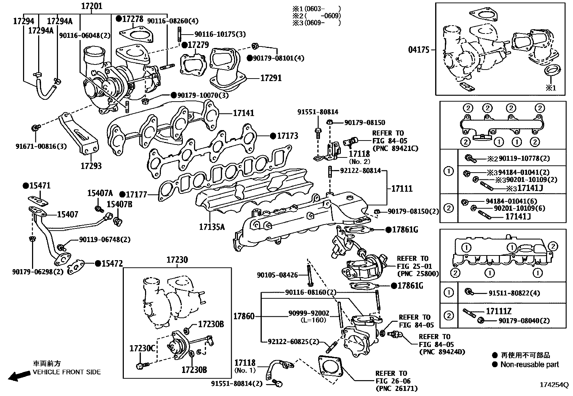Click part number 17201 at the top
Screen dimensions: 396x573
pyautogui.click(x=91, y=6)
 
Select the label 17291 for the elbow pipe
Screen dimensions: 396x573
pyautogui.click(x=271, y=78)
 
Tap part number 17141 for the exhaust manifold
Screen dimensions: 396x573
pyautogui.click(x=243, y=113)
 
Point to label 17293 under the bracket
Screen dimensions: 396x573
pyautogui.click(x=91, y=166)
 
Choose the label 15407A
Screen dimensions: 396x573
pyautogui.click(x=100, y=193)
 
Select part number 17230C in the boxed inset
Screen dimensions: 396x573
pyautogui.click(x=142, y=348)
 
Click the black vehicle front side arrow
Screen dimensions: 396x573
pyautogui.click(x=19, y=376)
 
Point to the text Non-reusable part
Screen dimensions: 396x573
pyautogui.click(x=529, y=365)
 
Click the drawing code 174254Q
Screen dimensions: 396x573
pyautogui.click(x=553, y=385)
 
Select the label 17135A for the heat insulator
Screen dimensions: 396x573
pyautogui.click(x=212, y=227)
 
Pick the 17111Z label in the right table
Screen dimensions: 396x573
pyautogui.click(x=498, y=311)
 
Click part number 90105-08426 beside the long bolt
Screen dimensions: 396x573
pyautogui.click(x=277, y=275)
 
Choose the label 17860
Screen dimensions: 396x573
pyautogui.click(x=244, y=316)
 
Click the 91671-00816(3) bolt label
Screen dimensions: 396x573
pyautogui.click(x=41, y=146)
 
